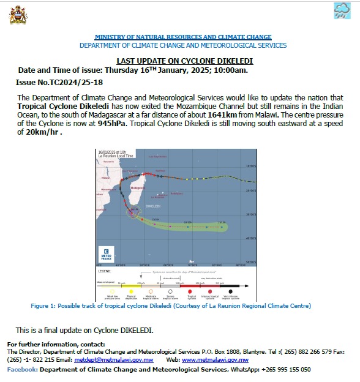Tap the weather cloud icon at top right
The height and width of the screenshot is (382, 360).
(342, 12)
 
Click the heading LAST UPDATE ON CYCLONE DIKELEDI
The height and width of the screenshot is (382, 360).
(184, 61)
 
